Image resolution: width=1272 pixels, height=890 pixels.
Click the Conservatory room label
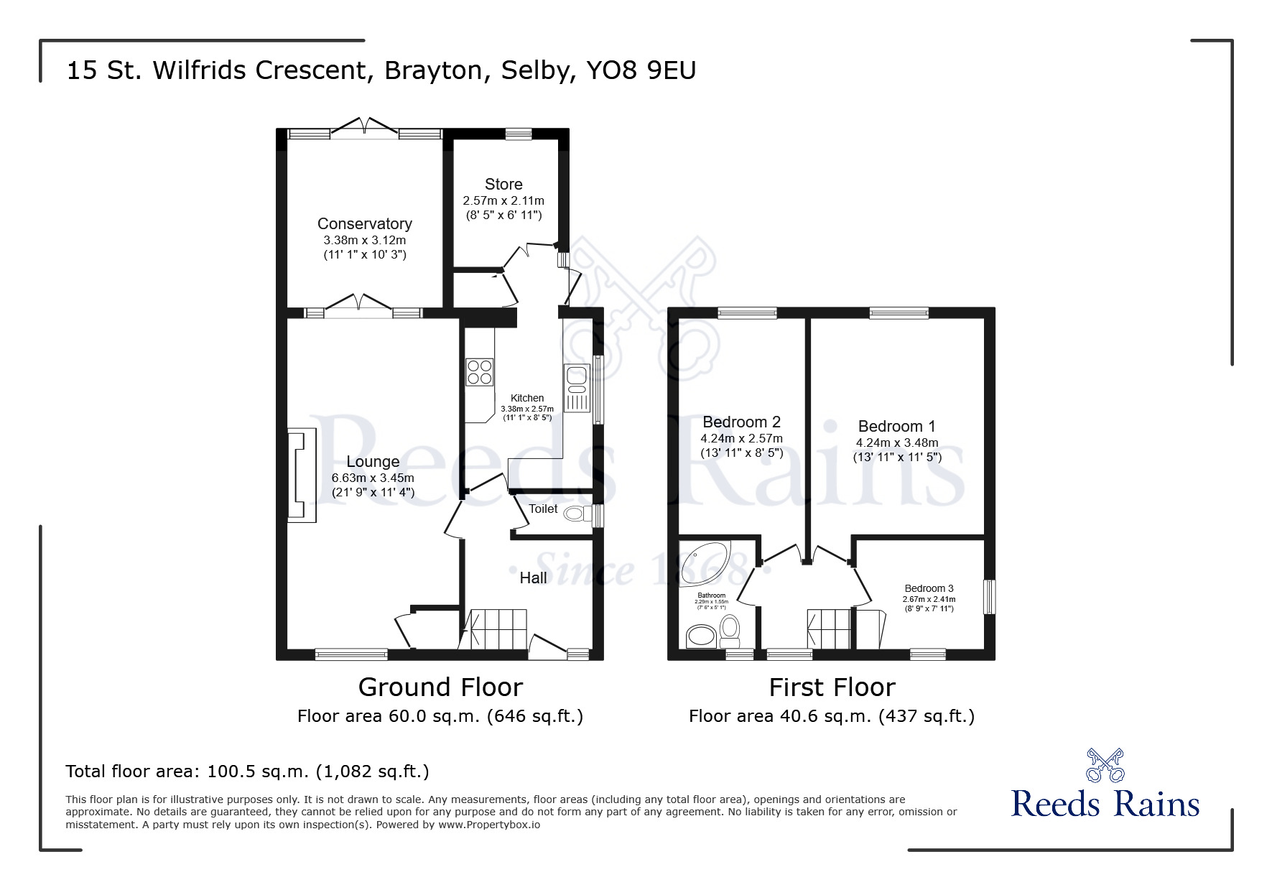tap(365, 224)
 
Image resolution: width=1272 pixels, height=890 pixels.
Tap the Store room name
tap(503, 185)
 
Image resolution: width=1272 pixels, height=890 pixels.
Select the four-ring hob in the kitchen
tap(480, 371)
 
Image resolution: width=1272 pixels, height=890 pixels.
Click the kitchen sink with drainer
tap(577, 388)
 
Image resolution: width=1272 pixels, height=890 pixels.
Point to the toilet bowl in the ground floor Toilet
tap(575, 514)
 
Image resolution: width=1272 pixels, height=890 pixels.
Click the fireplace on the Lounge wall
tap(302, 476)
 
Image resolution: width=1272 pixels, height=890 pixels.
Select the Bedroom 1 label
tap(897, 427)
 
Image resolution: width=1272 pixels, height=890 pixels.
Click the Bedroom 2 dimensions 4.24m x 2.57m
tap(742, 438)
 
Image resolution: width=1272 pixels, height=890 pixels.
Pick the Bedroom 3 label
tap(929, 588)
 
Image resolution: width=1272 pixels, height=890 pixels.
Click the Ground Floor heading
tap(440, 687)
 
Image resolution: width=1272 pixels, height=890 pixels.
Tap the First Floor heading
tap(832, 687)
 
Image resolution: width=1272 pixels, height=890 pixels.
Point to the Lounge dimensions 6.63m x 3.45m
tap(373, 478)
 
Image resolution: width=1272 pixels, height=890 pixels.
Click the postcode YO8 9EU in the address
tap(641, 70)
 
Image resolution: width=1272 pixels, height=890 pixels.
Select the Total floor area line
tap(248, 771)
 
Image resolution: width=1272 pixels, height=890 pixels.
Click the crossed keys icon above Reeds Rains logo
tap(1105, 765)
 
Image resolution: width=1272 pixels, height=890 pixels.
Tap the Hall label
tap(533, 578)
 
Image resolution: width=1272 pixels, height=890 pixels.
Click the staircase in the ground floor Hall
tap(498, 628)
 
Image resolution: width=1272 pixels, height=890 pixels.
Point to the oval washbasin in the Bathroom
tap(702, 635)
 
